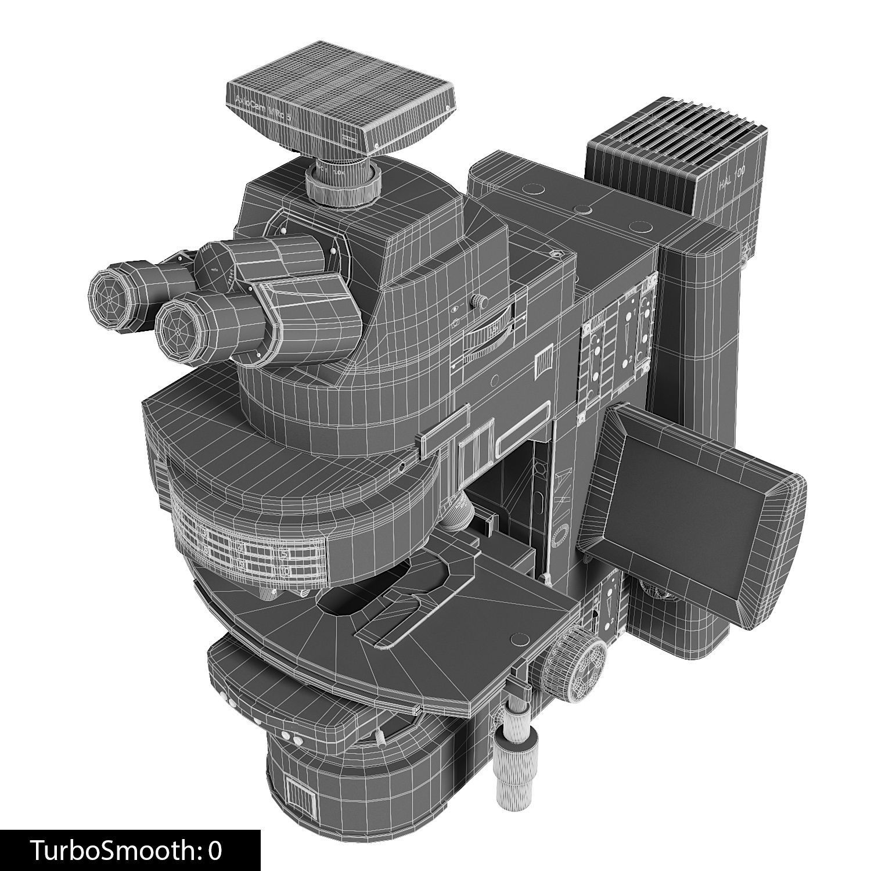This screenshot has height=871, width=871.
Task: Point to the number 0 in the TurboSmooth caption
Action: tap(215, 850)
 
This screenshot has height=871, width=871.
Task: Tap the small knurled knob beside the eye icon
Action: tap(479, 301)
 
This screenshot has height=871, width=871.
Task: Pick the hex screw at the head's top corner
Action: tap(557, 254)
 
